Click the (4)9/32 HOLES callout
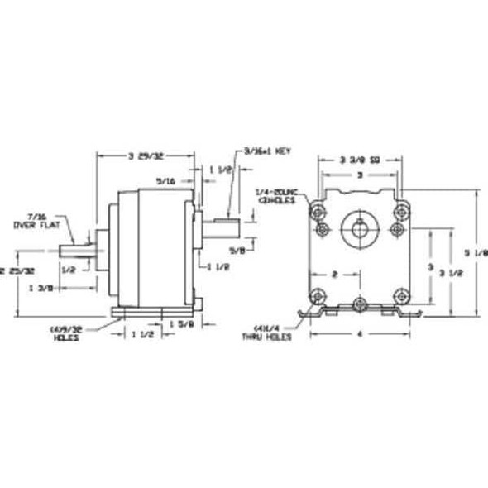tap(67, 333)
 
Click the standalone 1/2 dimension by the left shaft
tap(69, 269)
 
